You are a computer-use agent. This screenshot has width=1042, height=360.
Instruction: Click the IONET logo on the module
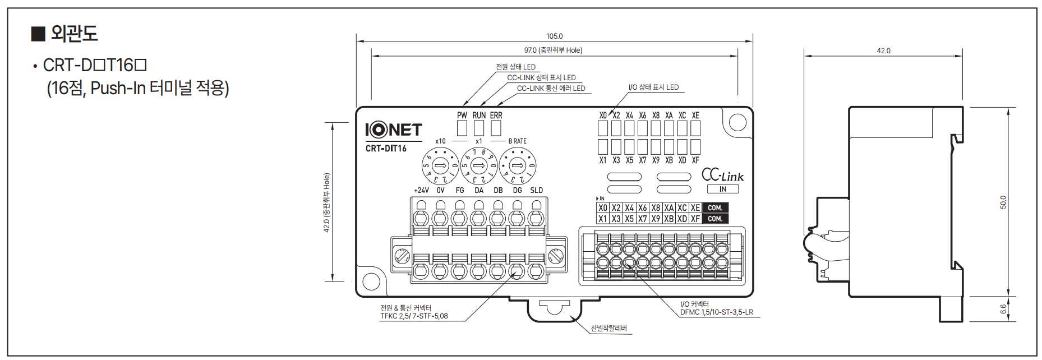click(393, 130)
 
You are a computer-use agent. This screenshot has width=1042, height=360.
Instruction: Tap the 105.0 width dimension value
click(554, 36)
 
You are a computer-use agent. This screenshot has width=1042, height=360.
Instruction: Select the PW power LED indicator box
click(462, 128)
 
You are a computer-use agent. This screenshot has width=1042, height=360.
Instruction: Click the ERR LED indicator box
click(496, 128)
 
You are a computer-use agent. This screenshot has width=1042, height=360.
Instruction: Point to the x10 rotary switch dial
click(440, 166)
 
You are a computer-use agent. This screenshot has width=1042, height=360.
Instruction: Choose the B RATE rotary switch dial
click(517, 166)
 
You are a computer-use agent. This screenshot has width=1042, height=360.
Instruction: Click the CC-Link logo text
click(722, 176)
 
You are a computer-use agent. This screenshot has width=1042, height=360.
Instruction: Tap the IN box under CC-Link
click(722, 189)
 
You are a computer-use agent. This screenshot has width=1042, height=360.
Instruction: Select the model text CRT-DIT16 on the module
click(386, 149)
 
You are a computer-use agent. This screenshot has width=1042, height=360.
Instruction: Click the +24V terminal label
click(421, 191)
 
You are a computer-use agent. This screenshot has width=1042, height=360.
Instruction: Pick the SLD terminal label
click(536, 191)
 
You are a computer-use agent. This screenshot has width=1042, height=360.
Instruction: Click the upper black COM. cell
click(715, 207)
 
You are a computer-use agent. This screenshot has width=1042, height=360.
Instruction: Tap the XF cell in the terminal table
click(695, 219)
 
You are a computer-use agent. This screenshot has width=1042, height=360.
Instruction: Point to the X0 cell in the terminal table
click(602, 207)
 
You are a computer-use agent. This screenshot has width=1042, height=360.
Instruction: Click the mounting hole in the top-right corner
click(737, 122)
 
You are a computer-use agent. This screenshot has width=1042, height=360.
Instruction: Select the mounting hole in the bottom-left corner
click(371, 281)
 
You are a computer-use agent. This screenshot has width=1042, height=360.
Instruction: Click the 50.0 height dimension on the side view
click(1003, 202)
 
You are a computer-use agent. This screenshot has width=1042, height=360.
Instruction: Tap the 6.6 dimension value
click(1003, 309)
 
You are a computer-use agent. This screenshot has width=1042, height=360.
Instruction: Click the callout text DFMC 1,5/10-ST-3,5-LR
click(716, 312)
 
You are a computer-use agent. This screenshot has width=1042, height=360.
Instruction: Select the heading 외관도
click(74, 34)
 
